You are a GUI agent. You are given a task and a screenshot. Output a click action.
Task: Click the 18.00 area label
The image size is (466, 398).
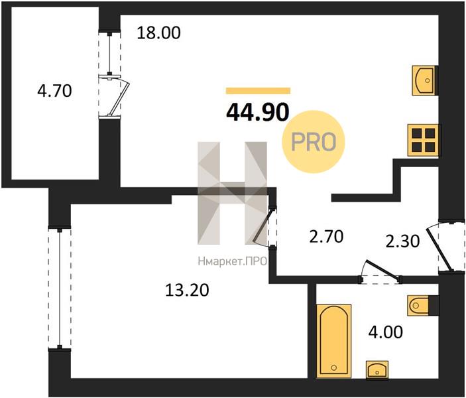coord(158,33)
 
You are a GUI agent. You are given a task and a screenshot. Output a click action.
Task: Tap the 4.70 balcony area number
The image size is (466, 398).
coord(54,91)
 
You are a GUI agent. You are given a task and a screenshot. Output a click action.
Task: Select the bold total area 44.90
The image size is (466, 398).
coord(258,113)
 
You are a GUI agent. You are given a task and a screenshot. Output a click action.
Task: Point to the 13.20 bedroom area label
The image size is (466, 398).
coord(187,290)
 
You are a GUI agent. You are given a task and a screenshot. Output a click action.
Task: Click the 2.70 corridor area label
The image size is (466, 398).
coord(326,237)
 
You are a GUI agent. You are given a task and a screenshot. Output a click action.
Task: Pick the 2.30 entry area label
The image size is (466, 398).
coord(402,241)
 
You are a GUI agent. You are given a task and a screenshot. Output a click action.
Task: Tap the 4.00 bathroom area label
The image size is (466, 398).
coord(386,332)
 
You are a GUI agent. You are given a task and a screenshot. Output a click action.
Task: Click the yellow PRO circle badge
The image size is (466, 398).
coord(314,141)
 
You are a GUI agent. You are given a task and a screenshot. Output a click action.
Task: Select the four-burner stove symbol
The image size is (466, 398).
coord(423,140)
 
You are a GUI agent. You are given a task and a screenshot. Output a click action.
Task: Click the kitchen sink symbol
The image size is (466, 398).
coord(424,81)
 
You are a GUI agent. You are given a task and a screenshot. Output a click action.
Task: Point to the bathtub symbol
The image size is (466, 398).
coord(334,341)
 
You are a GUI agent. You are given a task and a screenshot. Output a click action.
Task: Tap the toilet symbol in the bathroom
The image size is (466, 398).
coord(418,305)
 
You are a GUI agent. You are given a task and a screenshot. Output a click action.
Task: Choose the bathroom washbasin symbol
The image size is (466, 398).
coord(377,369)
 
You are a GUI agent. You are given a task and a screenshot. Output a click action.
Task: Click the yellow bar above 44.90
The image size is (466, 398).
coord(258,91)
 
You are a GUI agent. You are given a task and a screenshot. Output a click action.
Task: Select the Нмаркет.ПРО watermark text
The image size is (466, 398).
coord(233,261)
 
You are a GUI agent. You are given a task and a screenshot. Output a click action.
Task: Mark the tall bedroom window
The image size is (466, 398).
coord(60,289)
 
